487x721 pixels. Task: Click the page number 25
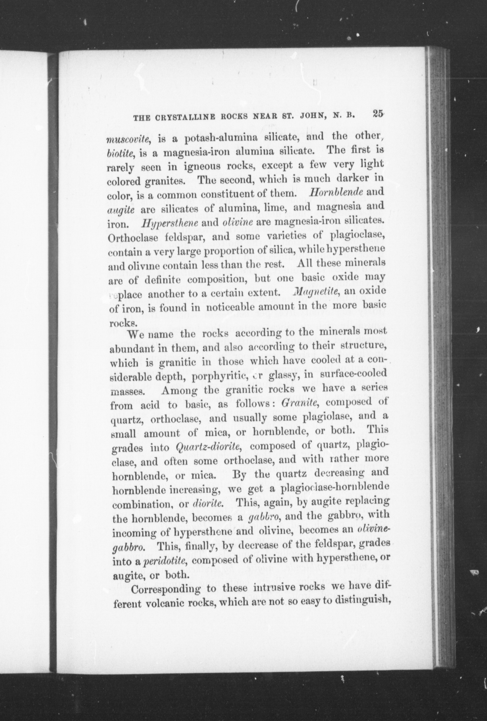pyautogui.click(x=378, y=113)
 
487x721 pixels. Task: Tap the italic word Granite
pyautogui.click(x=298, y=402)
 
